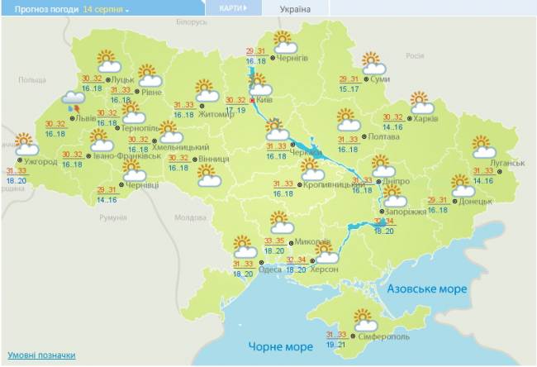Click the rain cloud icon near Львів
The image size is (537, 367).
(x=73, y=101)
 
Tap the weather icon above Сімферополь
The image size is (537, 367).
(x=364, y=319)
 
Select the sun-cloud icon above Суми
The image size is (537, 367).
(x=373, y=63)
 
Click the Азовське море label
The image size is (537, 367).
(x=429, y=289)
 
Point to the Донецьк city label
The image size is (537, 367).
(x=476, y=201)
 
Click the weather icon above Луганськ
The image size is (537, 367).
(x=484, y=147)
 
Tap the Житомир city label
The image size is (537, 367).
(x=216, y=114)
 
